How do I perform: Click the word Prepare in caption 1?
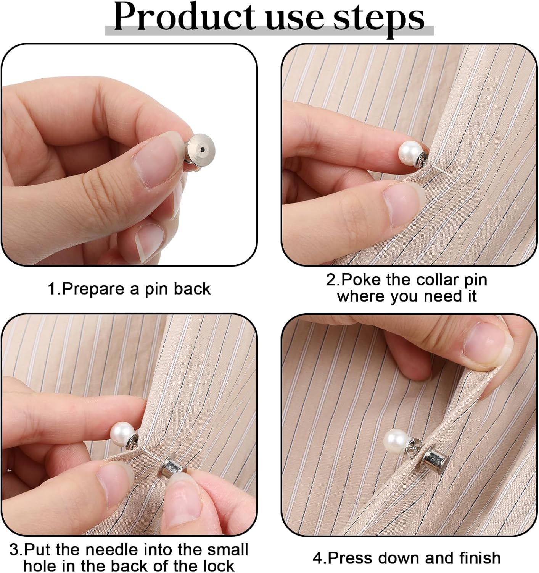coord(94,289)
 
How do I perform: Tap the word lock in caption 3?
coord(218,565)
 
